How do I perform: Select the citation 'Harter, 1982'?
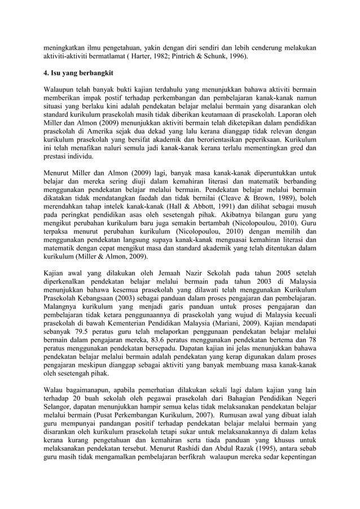(150, 57)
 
